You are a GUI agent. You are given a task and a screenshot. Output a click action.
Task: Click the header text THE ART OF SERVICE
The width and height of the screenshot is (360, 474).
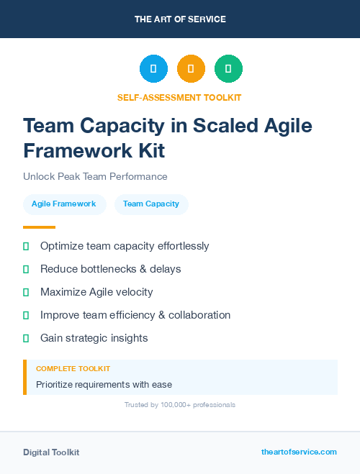[x=180, y=19]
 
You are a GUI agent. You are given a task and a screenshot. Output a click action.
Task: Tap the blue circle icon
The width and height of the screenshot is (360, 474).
[x=153, y=68]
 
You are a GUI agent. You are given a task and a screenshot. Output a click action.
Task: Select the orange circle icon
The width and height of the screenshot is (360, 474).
[x=191, y=68]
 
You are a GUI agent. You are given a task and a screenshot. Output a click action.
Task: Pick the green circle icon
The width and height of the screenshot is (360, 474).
[x=228, y=68]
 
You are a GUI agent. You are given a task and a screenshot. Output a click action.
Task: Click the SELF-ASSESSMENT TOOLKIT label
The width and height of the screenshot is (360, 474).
[x=179, y=97]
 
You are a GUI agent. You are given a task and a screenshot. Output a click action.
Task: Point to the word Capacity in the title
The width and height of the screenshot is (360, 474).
[x=120, y=125]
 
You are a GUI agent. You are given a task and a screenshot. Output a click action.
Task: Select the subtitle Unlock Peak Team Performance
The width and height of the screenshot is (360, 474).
[x=95, y=176]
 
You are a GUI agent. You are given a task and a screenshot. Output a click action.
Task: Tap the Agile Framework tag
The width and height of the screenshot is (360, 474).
[x=63, y=204]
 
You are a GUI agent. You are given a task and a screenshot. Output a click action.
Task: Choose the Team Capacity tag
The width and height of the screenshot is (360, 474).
[x=151, y=204]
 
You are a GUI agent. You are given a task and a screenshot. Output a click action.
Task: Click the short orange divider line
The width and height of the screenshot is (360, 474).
[x=39, y=227]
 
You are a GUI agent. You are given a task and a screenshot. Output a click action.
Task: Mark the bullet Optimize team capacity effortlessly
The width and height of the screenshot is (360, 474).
[x=125, y=246]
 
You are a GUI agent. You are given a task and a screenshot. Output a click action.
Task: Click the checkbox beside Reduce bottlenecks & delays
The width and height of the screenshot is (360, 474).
[x=26, y=269]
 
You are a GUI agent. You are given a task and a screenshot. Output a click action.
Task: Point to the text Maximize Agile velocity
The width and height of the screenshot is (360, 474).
[x=96, y=292]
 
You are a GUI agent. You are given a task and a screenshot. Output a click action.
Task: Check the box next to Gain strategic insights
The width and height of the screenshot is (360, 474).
[x=26, y=338]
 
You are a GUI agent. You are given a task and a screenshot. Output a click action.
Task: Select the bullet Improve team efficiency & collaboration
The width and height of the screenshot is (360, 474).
[x=135, y=315]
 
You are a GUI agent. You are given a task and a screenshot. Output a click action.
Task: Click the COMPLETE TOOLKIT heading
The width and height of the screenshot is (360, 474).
[x=73, y=368]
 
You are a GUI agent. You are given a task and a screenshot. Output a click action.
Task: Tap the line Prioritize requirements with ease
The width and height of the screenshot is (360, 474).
[x=104, y=384]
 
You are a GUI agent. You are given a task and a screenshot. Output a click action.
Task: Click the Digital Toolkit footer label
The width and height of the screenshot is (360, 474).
[x=51, y=452]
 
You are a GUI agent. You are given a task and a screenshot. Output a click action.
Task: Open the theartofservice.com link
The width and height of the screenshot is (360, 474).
[x=299, y=452]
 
